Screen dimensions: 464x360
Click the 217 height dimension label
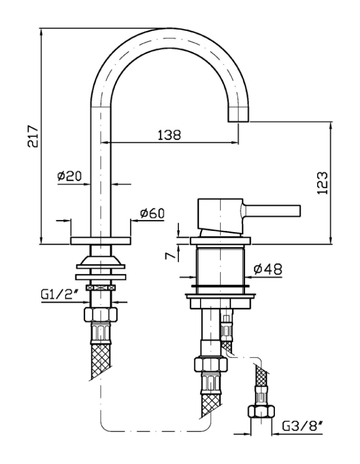pyautogui.click(x=32, y=136)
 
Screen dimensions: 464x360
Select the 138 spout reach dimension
pyautogui.click(x=169, y=135)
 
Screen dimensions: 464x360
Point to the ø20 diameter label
pyautogui.click(x=70, y=176)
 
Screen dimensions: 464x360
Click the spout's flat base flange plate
pyautogui.click(x=101, y=240)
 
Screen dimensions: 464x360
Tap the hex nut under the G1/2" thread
pyautogui.click(x=101, y=314)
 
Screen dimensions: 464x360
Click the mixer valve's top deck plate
pyautogui.click(x=221, y=240)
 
